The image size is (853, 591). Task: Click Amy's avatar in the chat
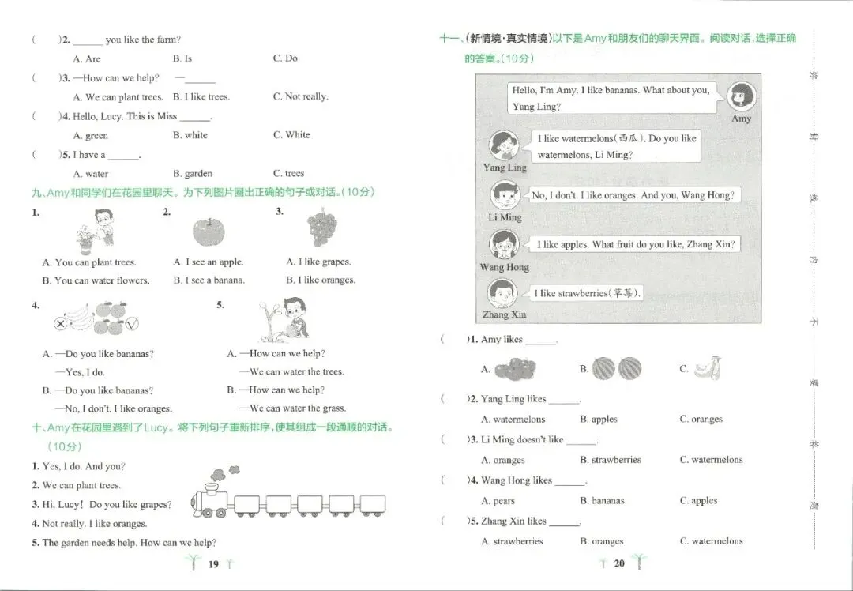(741, 97)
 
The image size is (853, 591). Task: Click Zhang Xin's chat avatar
(502, 293)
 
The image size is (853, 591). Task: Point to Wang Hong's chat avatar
(504, 244)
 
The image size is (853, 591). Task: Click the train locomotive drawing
(211, 491)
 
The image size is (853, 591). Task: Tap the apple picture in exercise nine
(209, 232)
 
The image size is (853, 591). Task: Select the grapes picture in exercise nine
(322, 227)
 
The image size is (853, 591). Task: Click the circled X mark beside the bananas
(60, 325)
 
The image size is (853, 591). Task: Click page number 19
(213, 564)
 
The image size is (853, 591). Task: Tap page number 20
(619, 563)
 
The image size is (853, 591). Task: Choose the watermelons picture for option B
(616, 368)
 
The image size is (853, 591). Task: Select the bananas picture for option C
(707, 368)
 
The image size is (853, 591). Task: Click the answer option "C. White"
(291, 135)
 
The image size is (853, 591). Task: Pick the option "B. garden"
(193, 174)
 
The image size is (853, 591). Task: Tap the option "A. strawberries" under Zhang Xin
(512, 541)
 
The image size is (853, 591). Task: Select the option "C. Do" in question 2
(285, 58)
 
